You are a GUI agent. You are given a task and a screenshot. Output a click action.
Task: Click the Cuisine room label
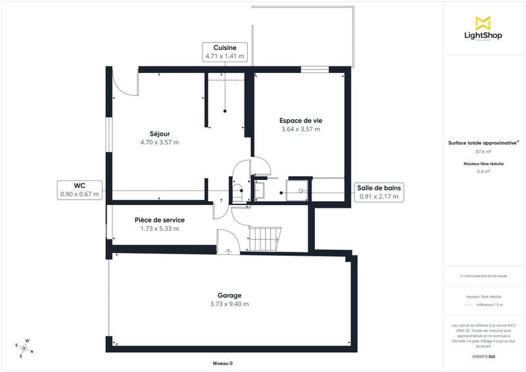pos(224,47)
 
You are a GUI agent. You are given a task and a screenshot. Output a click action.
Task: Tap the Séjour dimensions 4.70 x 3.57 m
pos(159,142)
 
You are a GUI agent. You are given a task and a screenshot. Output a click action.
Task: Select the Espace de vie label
pos(300,120)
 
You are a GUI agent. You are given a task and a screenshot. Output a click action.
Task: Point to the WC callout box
pos(79,190)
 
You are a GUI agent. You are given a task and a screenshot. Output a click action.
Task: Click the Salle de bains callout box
pos(378,192)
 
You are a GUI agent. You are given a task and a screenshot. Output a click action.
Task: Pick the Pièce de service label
pos(159,220)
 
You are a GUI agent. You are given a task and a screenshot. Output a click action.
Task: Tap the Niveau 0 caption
pos(222,363)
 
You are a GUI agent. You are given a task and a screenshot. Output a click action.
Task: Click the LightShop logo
pos(483,29)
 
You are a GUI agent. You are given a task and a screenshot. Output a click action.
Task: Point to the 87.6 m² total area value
pos(483,151)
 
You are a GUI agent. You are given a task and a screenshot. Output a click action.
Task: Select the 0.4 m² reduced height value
pos(483,172)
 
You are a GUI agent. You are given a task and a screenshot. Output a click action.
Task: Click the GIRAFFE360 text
pos(483,356)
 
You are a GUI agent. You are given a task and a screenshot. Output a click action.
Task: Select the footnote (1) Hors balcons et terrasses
pos(483,276)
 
